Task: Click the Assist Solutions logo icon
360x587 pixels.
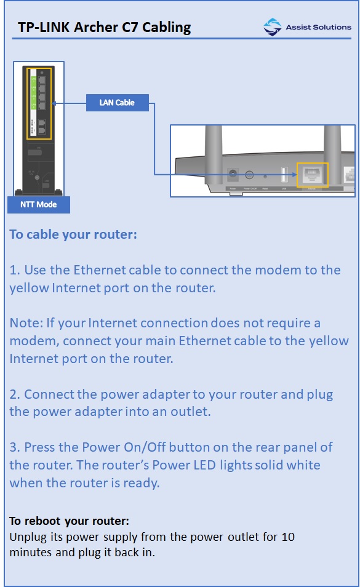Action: pos(272,27)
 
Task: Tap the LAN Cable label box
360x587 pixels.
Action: pos(117,103)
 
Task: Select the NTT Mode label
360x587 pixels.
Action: pos(38,205)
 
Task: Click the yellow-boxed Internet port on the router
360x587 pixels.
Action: pos(313,175)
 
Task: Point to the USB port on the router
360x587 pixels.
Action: pos(284,175)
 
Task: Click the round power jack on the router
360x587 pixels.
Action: pos(233,175)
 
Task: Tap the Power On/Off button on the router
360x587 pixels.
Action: pos(250,175)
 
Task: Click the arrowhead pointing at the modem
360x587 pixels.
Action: pos(57,103)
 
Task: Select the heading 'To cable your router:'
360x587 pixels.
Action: pos(73,234)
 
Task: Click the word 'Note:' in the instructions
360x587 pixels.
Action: pos(25,323)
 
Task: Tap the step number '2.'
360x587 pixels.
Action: pos(15,394)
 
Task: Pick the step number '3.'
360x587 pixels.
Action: pos(15,447)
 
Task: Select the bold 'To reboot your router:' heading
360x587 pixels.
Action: pos(69,521)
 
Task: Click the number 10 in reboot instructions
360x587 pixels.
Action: pos(288,537)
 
